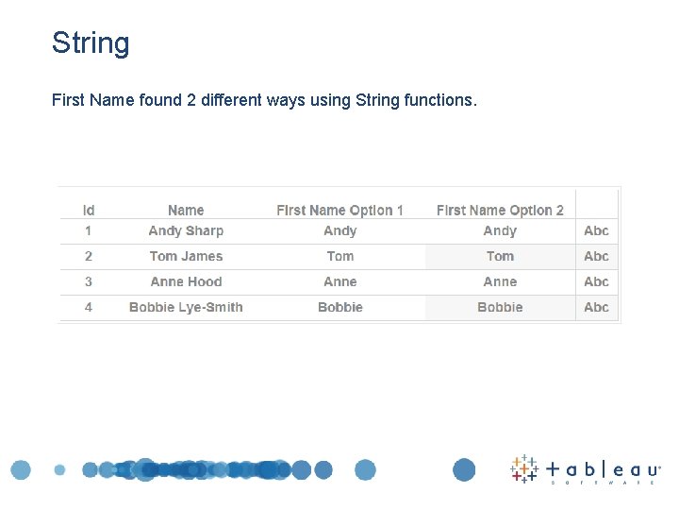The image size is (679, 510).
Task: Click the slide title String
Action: tap(91, 43)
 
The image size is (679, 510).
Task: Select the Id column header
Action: tap(89, 210)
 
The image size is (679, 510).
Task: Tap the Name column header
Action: tap(186, 210)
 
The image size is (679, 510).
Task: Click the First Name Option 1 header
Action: tap(339, 210)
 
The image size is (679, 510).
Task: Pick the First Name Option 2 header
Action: tap(500, 210)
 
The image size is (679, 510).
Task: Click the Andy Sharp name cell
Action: tap(186, 230)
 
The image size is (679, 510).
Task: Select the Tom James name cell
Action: tap(186, 256)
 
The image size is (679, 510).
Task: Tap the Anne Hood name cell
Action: tap(186, 281)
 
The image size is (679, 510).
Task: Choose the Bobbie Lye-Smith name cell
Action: tap(186, 307)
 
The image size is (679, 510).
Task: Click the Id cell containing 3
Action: tap(89, 281)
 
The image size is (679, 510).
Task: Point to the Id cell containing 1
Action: tap(89, 230)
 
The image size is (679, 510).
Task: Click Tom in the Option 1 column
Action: tap(340, 256)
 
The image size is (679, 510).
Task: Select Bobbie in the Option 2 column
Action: tap(500, 307)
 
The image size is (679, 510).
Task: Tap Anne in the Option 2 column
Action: tap(500, 281)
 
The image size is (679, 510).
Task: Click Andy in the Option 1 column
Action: tap(340, 230)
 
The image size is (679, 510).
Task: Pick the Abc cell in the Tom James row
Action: tap(596, 256)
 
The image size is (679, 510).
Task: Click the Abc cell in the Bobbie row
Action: tap(596, 307)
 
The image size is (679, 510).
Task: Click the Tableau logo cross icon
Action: tap(524, 468)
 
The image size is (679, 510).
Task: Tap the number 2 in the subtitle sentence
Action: tap(191, 99)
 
